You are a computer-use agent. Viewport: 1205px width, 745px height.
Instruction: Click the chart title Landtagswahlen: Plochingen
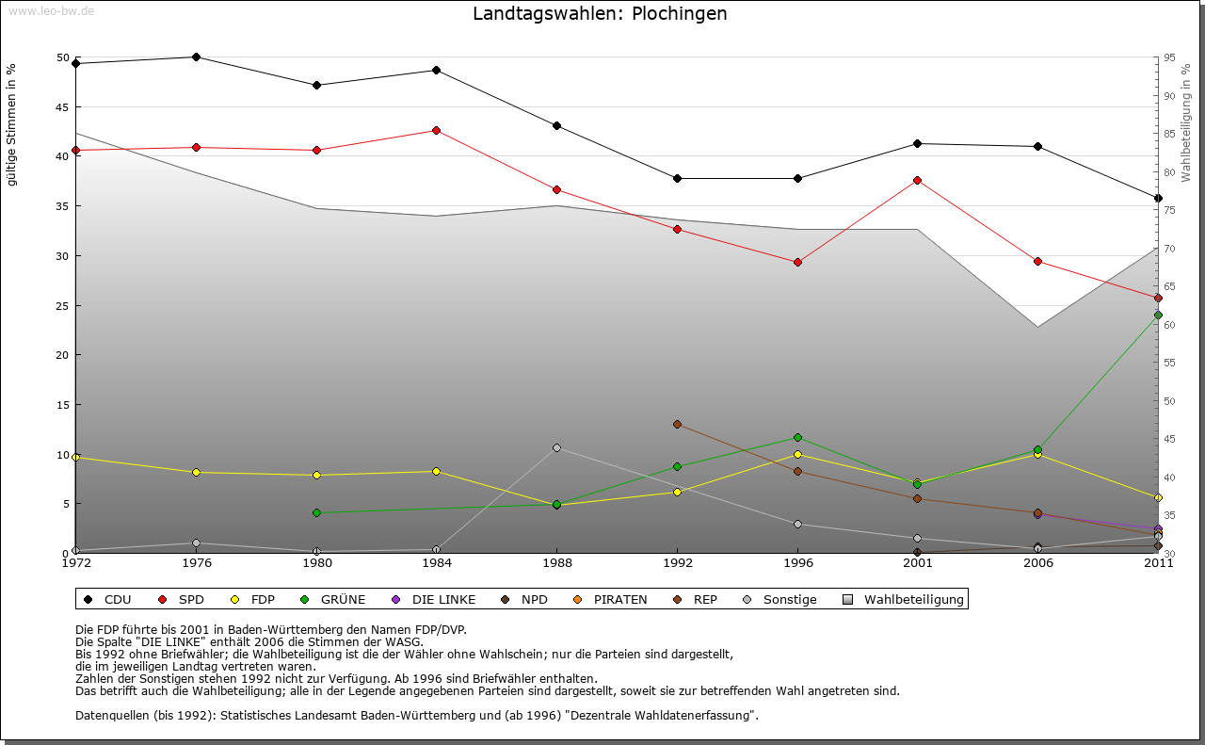coord(600,14)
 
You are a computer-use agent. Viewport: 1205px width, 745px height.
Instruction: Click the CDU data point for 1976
coord(196,57)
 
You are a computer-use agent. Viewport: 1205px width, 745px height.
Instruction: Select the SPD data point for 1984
coord(437,130)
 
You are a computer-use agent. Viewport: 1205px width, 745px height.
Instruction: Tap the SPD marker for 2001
coord(918,180)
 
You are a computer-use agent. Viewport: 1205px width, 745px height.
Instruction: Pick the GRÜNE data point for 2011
coord(1158,315)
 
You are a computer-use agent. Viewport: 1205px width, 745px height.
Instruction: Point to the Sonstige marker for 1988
coord(556,447)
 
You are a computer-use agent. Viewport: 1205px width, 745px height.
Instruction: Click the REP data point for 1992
coord(677,424)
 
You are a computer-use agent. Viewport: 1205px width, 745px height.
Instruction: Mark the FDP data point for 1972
coord(76,457)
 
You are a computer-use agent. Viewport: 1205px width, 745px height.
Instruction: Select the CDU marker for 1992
coord(677,178)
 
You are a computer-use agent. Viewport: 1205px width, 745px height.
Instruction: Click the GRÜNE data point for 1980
coord(316,512)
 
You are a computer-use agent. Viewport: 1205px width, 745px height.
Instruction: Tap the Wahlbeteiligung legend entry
coord(904,599)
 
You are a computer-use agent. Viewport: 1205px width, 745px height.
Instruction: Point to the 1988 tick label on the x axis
coord(556,563)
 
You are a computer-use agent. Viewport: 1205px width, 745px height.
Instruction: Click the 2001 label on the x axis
coord(918,563)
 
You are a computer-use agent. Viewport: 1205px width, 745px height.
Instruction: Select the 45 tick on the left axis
coord(63,107)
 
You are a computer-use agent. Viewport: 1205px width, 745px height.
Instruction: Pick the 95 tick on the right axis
coord(1169,57)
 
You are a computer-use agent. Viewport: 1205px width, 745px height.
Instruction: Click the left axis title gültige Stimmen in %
coord(12,125)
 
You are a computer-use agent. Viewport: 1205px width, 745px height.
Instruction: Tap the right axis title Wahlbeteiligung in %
coord(1185,122)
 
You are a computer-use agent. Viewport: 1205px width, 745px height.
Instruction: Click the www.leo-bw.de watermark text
coord(51,10)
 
